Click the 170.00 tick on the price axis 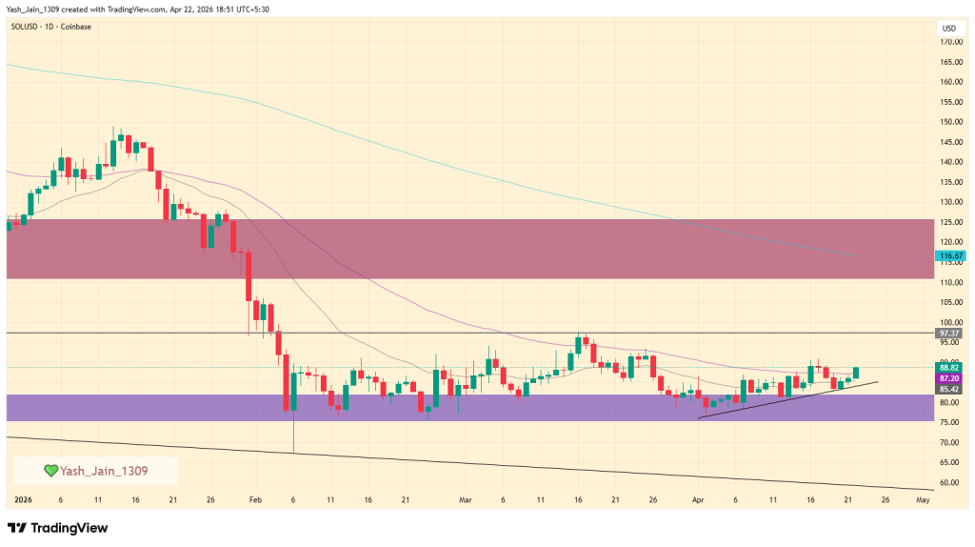pyautogui.click(x=948, y=42)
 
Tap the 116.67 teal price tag pyautogui.click(x=950, y=256)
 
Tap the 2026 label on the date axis pyautogui.click(x=23, y=499)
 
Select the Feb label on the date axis pyautogui.click(x=255, y=499)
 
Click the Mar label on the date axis pyautogui.click(x=465, y=499)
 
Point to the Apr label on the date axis pyautogui.click(x=698, y=499)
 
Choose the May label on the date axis pyautogui.click(x=922, y=499)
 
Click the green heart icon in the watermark pyautogui.click(x=51, y=471)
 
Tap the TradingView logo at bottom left pyautogui.click(x=57, y=528)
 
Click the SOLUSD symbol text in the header pyautogui.click(x=27, y=26)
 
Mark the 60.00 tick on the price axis pyautogui.click(x=948, y=483)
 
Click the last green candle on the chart pyautogui.click(x=856, y=373)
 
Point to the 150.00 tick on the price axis pyautogui.click(x=948, y=122)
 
